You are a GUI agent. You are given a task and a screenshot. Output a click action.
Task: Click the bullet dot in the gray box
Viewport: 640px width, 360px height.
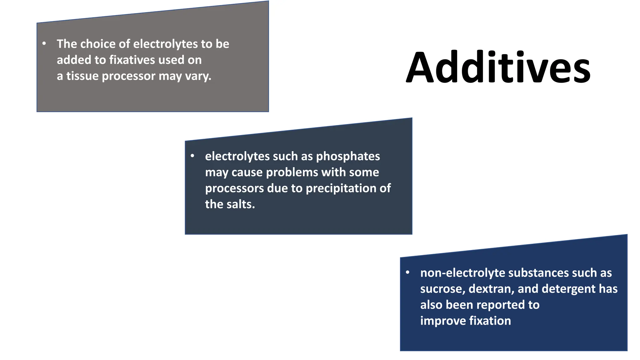tap(44, 43)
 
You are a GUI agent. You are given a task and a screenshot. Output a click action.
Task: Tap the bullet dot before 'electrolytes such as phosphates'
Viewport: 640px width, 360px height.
tap(192, 156)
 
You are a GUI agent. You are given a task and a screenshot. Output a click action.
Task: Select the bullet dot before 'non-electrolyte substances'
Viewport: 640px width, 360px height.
tap(407, 272)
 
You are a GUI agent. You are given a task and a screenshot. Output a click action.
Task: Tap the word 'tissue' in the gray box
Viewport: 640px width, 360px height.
tap(82, 76)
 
